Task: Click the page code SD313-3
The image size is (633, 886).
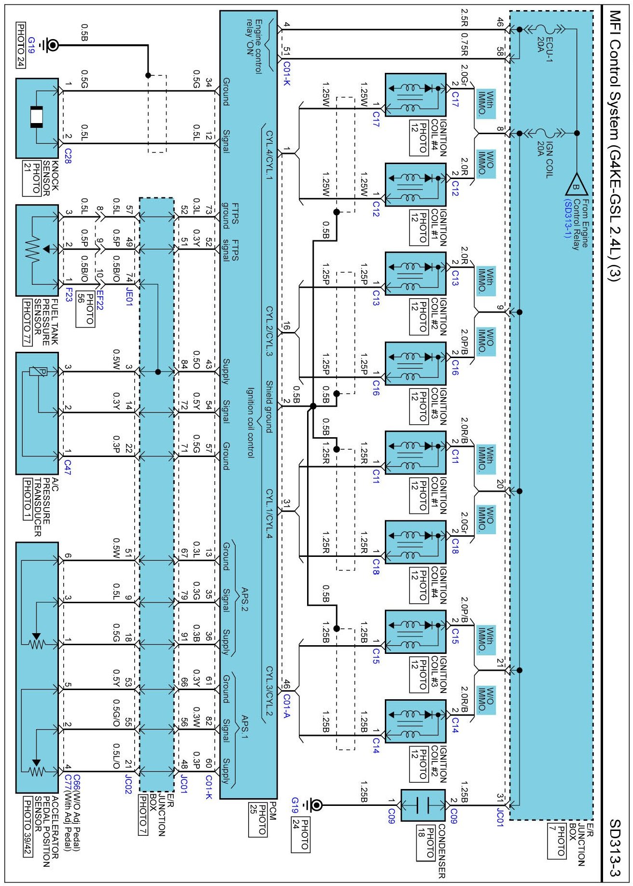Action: [614, 848]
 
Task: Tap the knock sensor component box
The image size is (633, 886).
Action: [37, 118]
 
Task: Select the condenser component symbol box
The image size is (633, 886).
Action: [423, 805]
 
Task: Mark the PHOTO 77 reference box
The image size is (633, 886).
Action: [27, 322]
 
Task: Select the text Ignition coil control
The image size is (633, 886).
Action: [251, 422]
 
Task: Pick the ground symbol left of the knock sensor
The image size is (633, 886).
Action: [50, 45]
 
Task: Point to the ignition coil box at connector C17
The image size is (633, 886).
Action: [416, 95]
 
